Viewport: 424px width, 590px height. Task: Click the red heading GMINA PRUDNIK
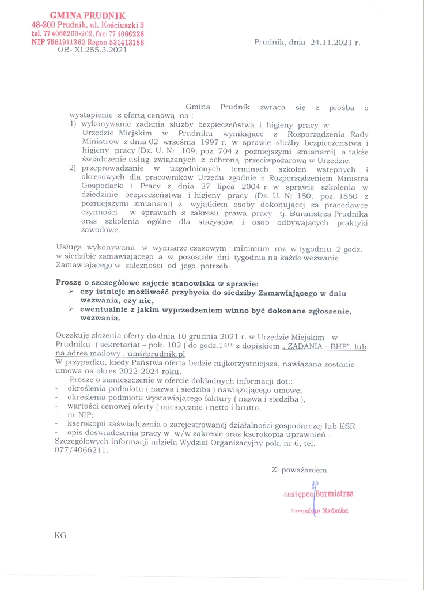[x=88, y=15]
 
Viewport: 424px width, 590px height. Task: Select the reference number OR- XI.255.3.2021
[x=92, y=51]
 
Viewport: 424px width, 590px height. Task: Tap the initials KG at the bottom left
[x=60, y=535]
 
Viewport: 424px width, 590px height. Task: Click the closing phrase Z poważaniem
[x=299, y=470]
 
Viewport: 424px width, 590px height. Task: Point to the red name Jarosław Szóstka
[x=321, y=511]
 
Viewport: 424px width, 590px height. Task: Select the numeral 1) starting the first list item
[x=73, y=124]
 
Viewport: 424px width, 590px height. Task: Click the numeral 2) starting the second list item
[x=73, y=168]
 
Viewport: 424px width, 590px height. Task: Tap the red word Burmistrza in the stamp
[x=334, y=494]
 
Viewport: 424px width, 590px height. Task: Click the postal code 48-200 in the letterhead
[x=43, y=25]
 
